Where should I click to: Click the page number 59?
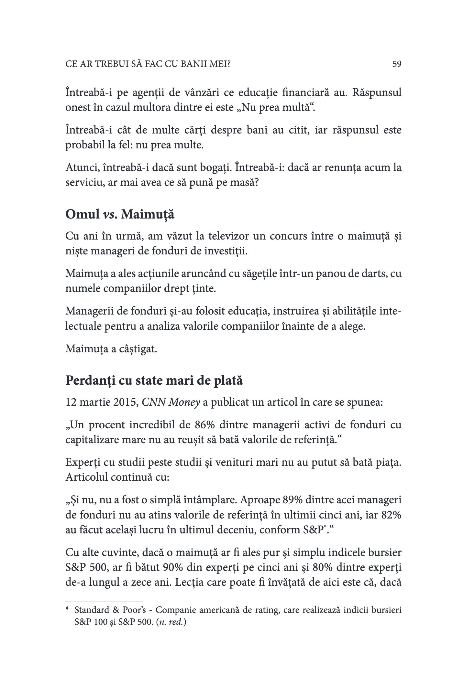tap(397, 64)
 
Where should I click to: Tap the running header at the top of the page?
tap(148, 64)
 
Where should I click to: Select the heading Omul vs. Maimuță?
tap(120, 214)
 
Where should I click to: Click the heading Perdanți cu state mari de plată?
tap(154, 380)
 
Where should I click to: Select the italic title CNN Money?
tap(171, 403)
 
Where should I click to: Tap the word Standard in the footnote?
tap(92, 610)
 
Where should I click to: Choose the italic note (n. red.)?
tap(171, 622)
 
